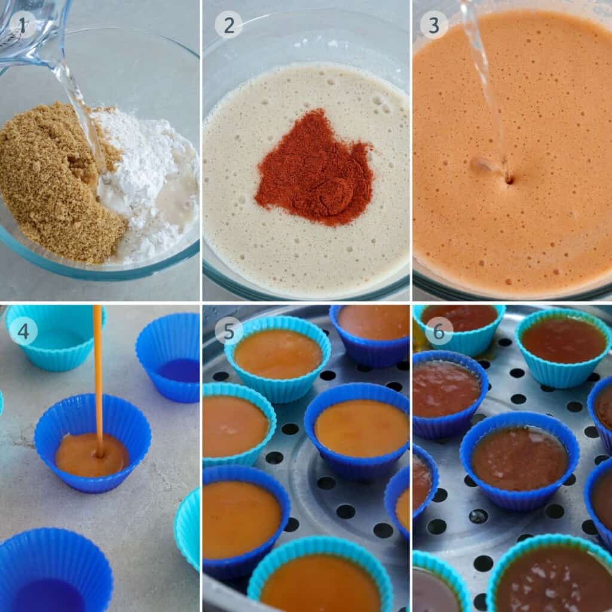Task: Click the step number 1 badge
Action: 22,25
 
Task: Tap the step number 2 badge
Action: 229,25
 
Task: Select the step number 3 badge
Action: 434,25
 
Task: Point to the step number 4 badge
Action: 23,332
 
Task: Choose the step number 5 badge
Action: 229,331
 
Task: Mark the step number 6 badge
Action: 438,331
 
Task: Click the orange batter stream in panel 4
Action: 98,381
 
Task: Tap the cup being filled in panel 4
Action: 93,443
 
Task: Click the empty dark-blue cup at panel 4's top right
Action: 169,357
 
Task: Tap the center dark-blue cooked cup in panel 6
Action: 519,461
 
